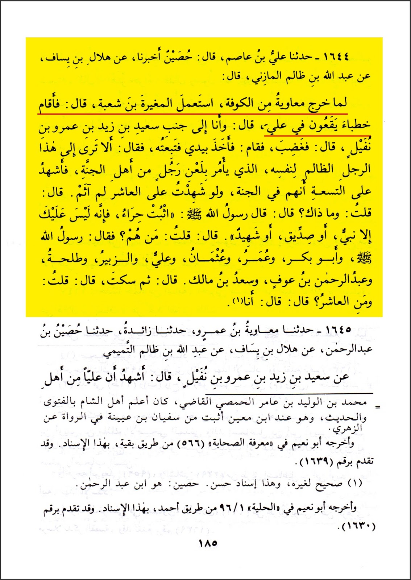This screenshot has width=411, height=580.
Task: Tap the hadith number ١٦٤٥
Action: [x=332, y=331]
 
